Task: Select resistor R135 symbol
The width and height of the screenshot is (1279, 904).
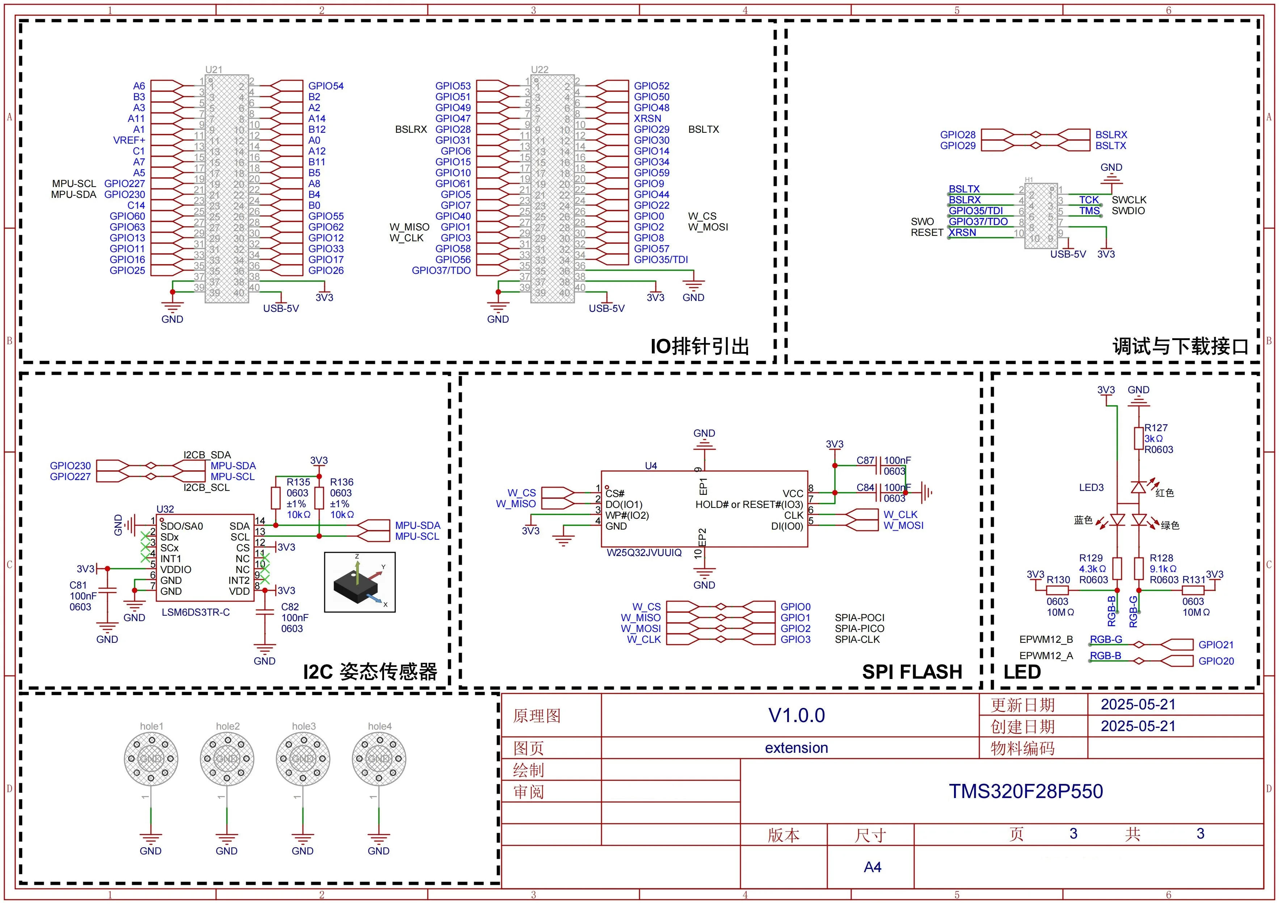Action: point(275,498)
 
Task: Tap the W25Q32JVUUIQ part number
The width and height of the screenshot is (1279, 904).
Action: point(644,553)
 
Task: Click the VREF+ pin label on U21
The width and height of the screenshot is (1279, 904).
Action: point(129,140)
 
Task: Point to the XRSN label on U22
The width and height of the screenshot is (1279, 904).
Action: point(647,119)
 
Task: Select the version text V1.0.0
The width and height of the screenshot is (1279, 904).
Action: point(796,715)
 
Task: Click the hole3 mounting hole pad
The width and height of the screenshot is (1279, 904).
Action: point(303,758)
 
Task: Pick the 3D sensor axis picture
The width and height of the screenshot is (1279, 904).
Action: point(360,582)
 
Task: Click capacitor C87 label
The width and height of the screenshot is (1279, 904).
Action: point(865,461)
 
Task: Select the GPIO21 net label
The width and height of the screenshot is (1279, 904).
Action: point(1216,645)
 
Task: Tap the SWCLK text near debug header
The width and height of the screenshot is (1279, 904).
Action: point(1128,200)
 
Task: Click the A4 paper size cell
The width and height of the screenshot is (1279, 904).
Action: point(872,867)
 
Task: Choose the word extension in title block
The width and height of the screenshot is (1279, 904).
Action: point(796,748)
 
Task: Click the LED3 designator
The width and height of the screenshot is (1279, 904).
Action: point(1091,488)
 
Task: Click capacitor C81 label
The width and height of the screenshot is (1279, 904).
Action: point(78,585)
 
